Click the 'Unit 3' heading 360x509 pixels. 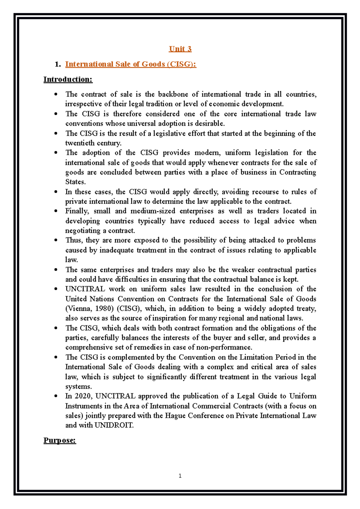pos(180,49)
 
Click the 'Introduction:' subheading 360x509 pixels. pos(68,79)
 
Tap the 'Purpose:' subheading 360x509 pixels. pos(60,440)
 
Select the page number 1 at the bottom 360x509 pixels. pos(180,476)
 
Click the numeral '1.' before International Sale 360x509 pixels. pos(58,64)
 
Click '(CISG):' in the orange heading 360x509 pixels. pos(182,64)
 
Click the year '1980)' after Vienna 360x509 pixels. pos(105,308)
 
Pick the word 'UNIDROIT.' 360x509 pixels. pos(114,425)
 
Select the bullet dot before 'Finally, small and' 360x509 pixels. pos(56,211)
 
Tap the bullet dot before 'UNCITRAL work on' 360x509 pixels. pos(56,289)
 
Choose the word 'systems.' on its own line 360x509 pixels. pos(79,386)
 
